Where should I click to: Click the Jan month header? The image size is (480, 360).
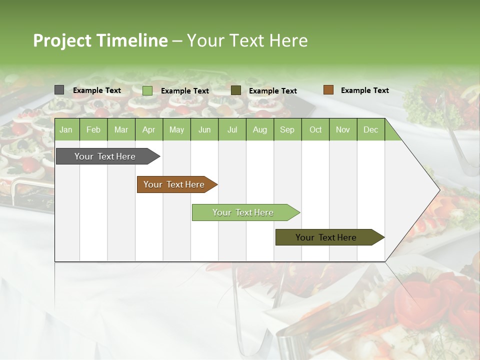point(66,129)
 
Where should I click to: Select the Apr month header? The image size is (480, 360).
point(148,129)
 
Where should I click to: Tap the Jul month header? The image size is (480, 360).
point(232,129)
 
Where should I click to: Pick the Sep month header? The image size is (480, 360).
point(287,129)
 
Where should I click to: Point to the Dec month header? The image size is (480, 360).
point(370,129)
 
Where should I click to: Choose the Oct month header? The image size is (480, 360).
point(315,129)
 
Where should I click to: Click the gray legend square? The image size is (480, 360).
point(59,90)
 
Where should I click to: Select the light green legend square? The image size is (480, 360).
point(147,90)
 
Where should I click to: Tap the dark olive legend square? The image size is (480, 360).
point(236,90)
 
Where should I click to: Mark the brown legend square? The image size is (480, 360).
point(328,90)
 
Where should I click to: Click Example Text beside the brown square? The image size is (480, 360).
point(364,90)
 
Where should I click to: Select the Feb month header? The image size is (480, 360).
point(93,129)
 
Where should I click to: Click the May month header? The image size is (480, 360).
point(176,129)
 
